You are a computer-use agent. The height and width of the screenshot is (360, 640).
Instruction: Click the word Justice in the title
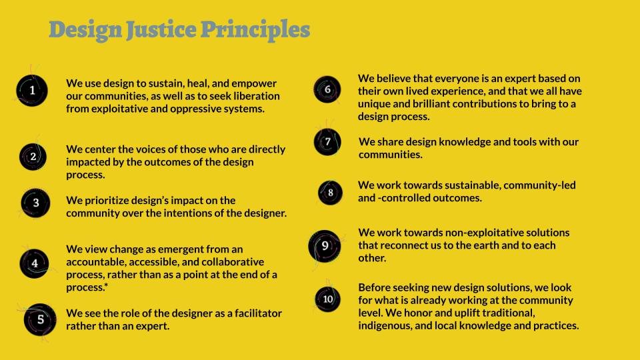click(x=161, y=30)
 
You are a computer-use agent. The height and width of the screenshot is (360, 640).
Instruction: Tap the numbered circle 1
click(x=32, y=91)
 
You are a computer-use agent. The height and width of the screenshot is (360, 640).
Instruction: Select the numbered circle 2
click(x=33, y=157)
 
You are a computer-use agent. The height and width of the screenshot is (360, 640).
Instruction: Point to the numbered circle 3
click(x=35, y=203)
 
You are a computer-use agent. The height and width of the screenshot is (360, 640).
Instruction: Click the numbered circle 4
click(x=34, y=264)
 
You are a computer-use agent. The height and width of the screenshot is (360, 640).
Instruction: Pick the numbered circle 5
click(x=40, y=319)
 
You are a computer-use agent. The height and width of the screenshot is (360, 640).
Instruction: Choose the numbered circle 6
click(x=327, y=89)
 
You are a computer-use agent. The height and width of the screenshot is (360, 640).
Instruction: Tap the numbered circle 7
click(x=327, y=142)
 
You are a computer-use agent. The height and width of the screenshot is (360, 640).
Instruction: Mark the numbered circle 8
click(x=330, y=193)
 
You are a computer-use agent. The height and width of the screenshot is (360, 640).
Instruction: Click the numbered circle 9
click(x=325, y=246)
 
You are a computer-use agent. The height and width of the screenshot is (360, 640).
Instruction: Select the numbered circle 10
click(x=327, y=299)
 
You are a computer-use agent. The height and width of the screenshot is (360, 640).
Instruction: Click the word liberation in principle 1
click(x=257, y=96)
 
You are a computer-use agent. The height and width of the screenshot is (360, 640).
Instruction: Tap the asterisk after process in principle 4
click(x=106, y=285)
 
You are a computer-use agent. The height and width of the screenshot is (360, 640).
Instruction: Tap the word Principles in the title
click(x=255, y=31)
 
